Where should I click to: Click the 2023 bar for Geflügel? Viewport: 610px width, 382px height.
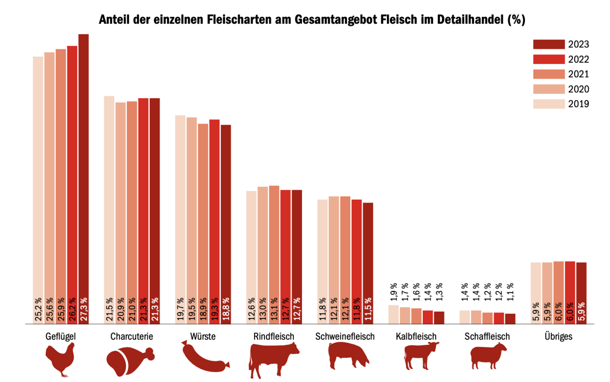[83, 174]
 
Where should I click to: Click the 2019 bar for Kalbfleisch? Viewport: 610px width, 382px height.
[393, 314]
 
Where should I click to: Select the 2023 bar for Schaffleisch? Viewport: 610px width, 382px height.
[510, 319]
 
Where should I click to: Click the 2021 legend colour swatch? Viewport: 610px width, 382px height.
[549, 74]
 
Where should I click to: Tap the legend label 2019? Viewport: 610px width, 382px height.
[578, 104]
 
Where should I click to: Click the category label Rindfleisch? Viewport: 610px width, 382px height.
[274, 337]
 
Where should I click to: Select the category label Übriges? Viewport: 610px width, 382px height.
[558, 337]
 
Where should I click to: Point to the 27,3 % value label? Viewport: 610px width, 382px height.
[84, 310]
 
